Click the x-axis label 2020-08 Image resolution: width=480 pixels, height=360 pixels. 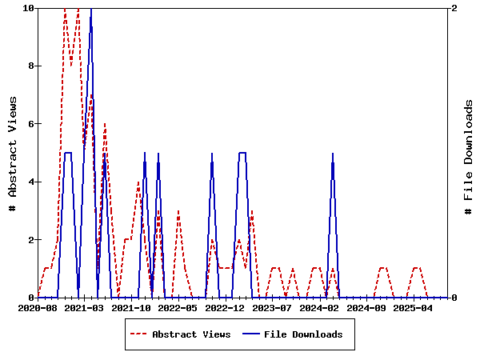click(38, 308)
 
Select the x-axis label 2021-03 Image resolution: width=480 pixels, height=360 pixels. click(84, 308)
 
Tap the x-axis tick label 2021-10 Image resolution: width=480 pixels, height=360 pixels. click(131, 308)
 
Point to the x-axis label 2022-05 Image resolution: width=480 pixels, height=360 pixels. click(178, 308)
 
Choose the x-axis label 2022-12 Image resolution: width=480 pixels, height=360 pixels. click(225, 308)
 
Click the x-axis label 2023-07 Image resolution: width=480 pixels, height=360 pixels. click(272, 308)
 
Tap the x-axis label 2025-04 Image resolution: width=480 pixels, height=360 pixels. click(413, 308)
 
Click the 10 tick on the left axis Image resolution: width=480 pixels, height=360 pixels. click(29, 8)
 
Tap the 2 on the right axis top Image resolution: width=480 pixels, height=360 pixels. click(454, 8)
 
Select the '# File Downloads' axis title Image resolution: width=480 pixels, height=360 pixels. click(469, 158)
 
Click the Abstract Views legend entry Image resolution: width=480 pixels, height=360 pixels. click(191, 334)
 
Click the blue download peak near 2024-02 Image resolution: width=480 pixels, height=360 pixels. click(333, 154)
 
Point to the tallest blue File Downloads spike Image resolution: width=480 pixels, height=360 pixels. click(91, 10)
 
